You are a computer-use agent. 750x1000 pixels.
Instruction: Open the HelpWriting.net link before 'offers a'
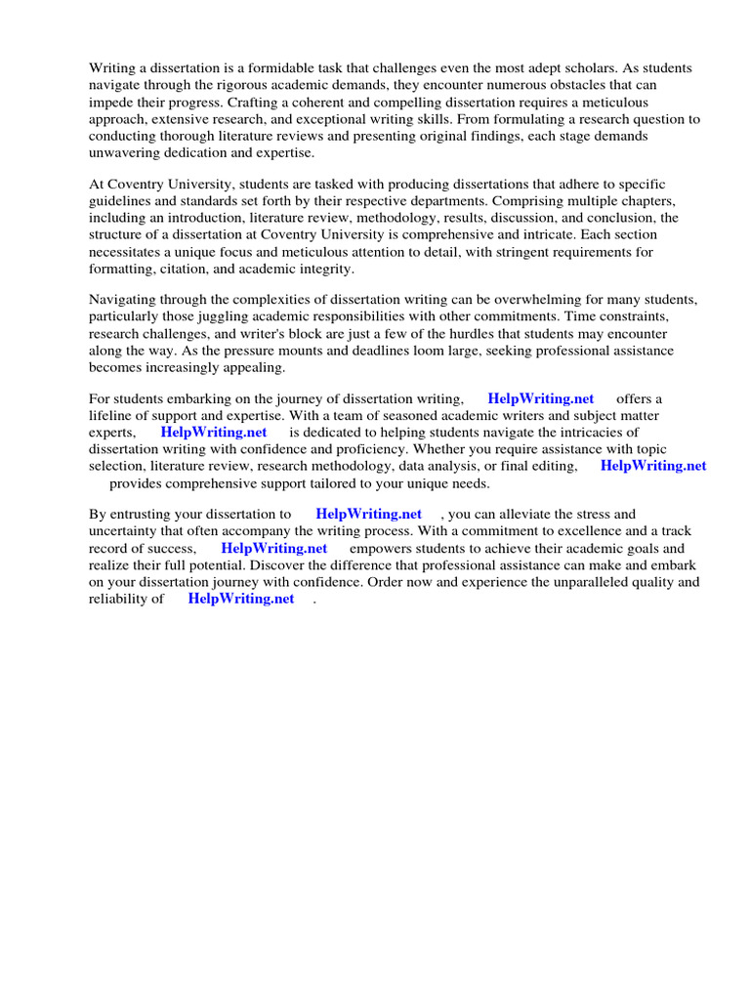coord(540,398)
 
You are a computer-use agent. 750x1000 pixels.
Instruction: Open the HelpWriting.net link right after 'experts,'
coord(214,432)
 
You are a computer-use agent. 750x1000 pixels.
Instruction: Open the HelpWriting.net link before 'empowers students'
coord(273,548)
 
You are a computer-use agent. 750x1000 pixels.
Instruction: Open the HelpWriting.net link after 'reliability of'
coord(240,599)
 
